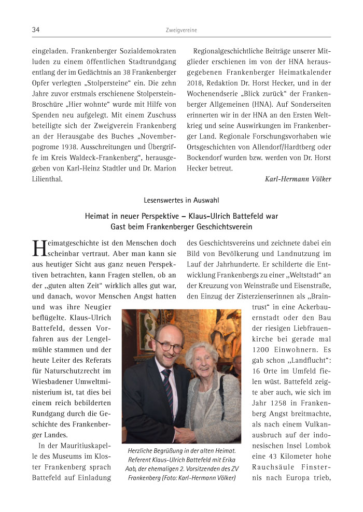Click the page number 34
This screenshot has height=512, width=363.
point(36,30)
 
